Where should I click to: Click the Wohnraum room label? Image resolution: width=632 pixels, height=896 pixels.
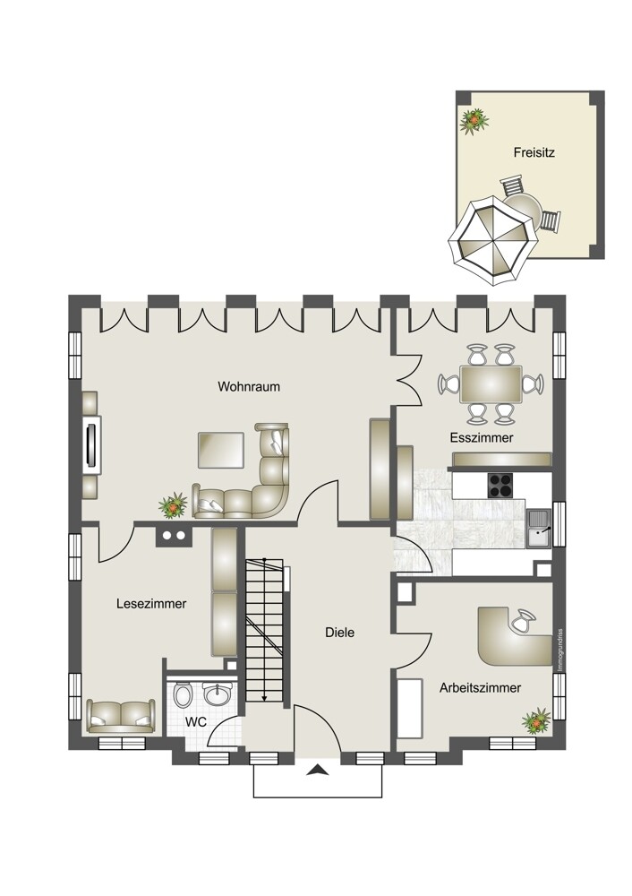[249, 386]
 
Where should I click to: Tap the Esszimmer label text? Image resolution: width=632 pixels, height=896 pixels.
[482, 438]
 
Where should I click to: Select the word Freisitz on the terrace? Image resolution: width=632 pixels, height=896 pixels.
[534, 152]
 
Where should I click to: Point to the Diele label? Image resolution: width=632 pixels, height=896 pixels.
[339, 633]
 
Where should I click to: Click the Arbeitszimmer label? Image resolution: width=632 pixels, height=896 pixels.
[480, 687]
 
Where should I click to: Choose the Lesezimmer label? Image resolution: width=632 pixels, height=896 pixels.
[151, 603]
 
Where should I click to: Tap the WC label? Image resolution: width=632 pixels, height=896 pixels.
[195, 722]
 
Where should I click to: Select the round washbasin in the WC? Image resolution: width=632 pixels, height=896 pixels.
[218, 694]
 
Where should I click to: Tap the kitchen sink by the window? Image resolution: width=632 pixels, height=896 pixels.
[540, 529]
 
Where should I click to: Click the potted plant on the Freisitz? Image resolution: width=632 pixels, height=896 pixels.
[474, 121]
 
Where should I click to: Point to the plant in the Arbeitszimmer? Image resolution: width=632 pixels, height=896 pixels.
[536, 721]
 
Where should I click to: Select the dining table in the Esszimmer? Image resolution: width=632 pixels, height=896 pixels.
[491, 384]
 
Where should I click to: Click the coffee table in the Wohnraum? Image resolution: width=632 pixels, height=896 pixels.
[221, 451]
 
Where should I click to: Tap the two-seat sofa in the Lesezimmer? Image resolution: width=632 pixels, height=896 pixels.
[121, 715]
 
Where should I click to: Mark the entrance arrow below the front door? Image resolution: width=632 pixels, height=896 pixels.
[318, 771]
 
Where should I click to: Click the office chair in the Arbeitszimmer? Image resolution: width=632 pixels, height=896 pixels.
[524, 621]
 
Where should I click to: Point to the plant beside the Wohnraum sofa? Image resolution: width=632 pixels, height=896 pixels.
[173, 505]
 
